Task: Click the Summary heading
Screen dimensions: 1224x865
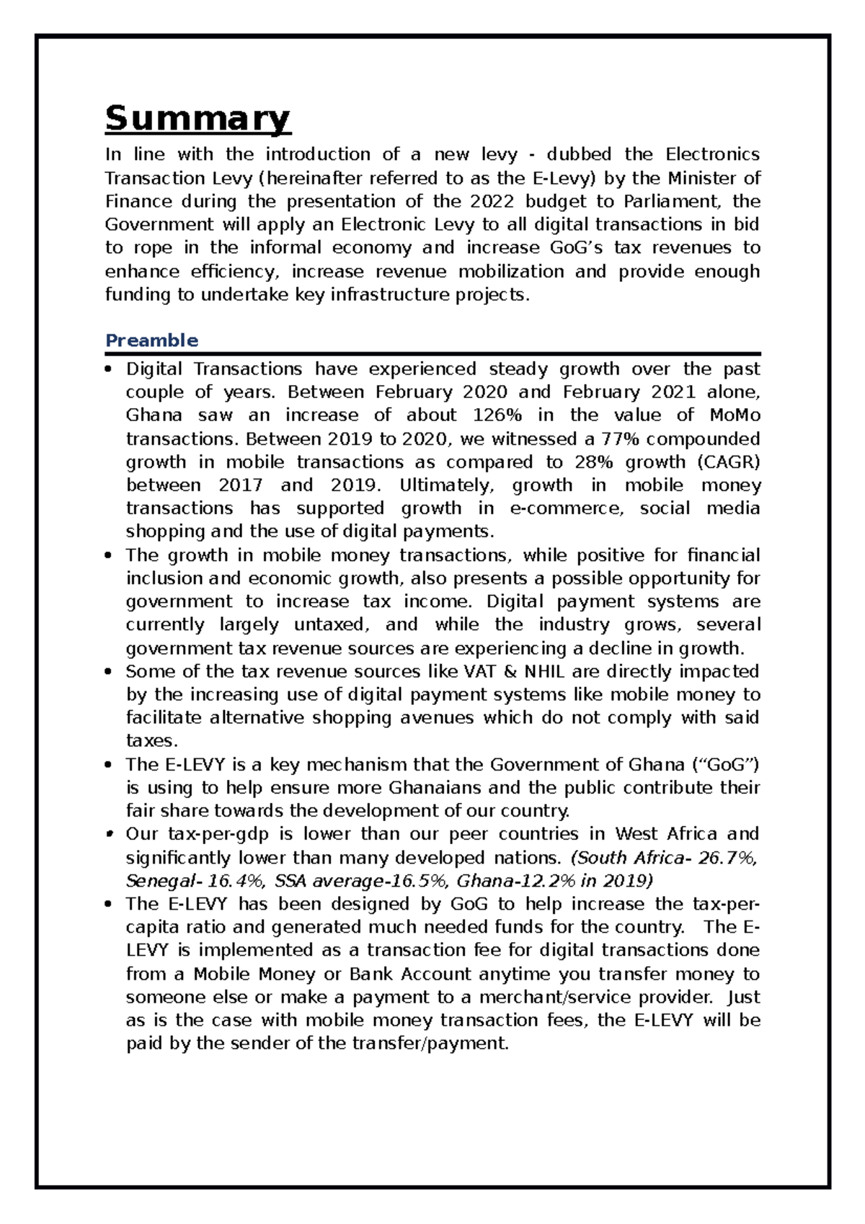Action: point(198,118)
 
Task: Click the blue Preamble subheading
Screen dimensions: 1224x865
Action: point(151,340)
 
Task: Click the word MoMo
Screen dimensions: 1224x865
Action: point(735,416)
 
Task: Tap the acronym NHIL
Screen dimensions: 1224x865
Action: point(544,672)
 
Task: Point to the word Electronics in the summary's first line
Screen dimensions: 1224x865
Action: point(711,154)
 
